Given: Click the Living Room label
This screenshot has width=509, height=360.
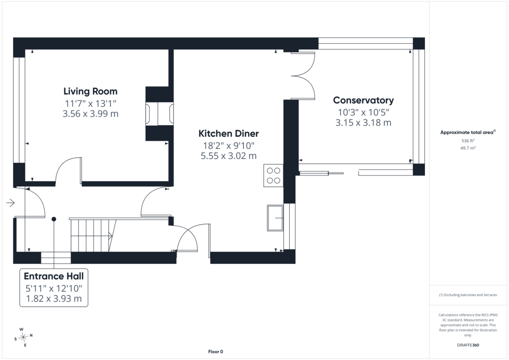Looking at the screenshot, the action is [x=90, y=91].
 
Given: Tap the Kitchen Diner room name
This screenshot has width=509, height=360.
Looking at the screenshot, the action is [x=229, y=133].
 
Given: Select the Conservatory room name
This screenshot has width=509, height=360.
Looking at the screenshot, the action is [x=363, y=100].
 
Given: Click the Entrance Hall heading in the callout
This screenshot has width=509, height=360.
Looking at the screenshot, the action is [x=54, y=276].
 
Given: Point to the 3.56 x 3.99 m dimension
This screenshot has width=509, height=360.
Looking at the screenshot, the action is [x=90, y=113].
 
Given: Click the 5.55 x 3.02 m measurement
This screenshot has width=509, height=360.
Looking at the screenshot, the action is [x=229, y=156].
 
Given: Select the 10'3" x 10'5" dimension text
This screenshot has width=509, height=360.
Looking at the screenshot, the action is [x=363, y=112].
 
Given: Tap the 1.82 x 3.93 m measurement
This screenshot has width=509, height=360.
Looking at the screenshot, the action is [x=54, y=299].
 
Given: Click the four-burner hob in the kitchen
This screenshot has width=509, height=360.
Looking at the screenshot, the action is [x=273, y=176].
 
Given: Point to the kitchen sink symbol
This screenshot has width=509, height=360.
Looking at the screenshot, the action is [x=275, y=218].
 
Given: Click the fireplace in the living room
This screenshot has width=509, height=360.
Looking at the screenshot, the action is [x=160, y=113].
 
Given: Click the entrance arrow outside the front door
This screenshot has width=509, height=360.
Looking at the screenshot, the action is [x=10, y=203].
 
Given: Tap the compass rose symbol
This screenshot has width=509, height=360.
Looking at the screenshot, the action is [x=23, y=337].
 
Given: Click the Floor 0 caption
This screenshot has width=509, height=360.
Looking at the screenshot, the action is [x=216, y=352].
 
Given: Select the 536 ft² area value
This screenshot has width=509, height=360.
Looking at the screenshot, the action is [x=468, y=141].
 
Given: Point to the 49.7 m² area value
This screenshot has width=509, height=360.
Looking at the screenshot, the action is [x=468, y=148].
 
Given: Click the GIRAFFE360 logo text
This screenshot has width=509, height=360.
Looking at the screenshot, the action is [x=468, y=345].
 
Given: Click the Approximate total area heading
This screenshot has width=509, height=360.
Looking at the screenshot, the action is [x=468, y=132].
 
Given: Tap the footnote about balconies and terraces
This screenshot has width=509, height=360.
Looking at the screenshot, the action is [x=468, y=295].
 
